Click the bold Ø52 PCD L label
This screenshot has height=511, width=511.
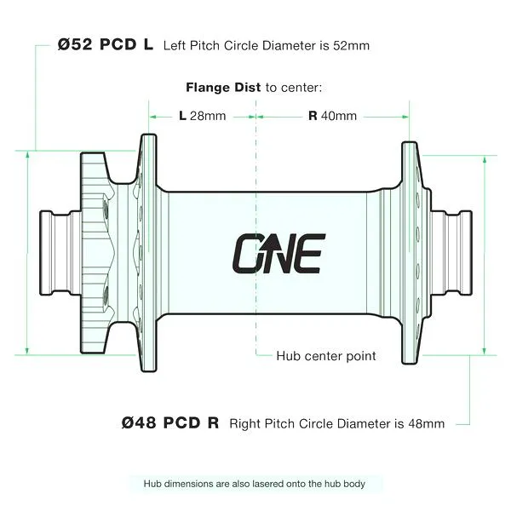(x=106, y=44)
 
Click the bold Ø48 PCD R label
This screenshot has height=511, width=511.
(x=170, y=423)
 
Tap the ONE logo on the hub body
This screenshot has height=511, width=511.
(x=279, y=254)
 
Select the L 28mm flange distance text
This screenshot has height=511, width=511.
(x=203, y=116)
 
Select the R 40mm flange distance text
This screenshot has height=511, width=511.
(x=332, y=116)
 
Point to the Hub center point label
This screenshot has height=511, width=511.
(x=326, y=356)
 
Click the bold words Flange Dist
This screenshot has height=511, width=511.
(x=223, y=88)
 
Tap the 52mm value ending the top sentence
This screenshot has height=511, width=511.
(x=351, y=46)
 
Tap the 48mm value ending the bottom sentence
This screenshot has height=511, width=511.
(x=427, y=423)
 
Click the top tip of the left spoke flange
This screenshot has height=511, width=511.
(x=148, y=135)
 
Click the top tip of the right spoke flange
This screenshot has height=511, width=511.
(x=410, y=142)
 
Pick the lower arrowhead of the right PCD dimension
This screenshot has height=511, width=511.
(x=485, y=351)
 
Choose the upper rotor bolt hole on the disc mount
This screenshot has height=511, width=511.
(x=106, y=209)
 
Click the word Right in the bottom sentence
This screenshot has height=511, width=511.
(x=245, y=424)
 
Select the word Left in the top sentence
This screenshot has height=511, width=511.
(x=175, y=46)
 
